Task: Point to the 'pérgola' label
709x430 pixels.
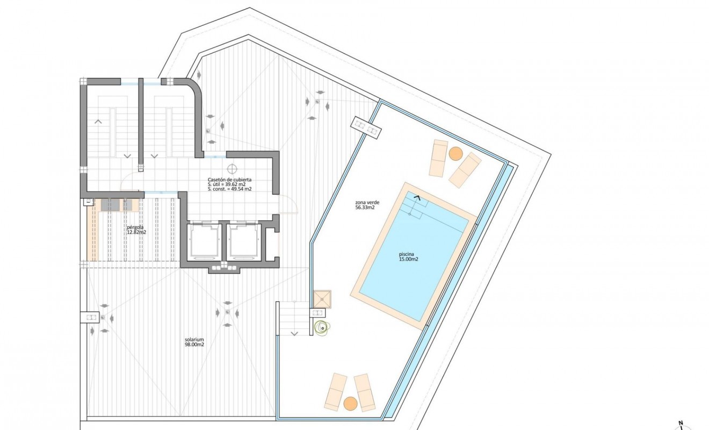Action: tap(135, 227)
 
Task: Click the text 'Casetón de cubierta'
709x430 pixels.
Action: tap(230, 180)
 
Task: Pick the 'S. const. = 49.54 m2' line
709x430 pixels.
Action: tap(230, 189)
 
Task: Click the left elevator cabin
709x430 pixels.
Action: tap(204, 241)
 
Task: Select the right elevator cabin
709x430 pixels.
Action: tap(244, 241)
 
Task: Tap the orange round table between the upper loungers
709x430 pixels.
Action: tap(455, 154)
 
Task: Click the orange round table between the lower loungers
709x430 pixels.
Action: tap(350, 403)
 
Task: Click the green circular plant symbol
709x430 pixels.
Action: tap(321, 326)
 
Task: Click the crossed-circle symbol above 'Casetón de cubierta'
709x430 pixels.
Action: tap(232, 168)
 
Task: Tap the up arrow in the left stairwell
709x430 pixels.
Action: tap(98, 122)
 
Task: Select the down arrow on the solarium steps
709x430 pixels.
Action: tap(294, 334)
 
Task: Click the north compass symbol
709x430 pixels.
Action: tap(681, 425)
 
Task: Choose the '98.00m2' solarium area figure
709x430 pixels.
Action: tap(194, 346)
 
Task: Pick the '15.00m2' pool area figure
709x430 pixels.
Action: tap(408, 260)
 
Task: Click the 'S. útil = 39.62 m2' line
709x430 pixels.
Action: tap(226, 184)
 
